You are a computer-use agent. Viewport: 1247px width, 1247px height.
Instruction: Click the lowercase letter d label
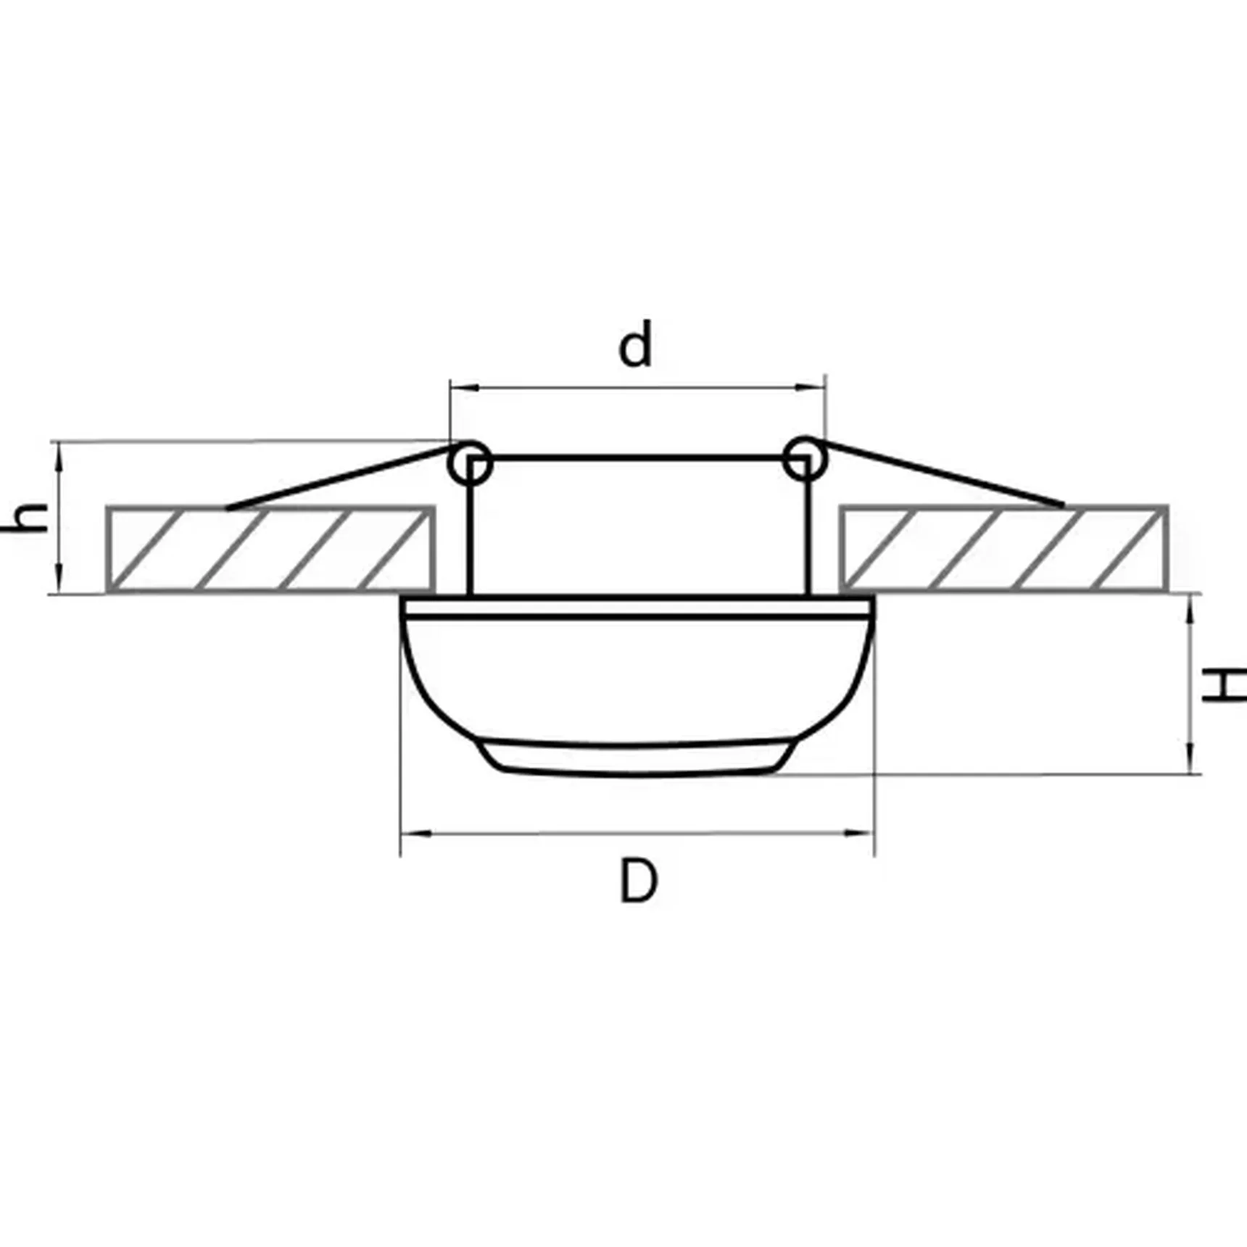tap(635, 346)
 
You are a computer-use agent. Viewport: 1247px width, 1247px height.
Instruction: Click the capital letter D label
tap(639, 881)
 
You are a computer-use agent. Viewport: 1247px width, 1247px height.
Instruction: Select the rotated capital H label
tap(1223, 686)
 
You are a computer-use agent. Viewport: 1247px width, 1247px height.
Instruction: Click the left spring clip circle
tap(470, 463)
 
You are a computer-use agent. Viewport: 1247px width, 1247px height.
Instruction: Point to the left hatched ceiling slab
tap(270, 549)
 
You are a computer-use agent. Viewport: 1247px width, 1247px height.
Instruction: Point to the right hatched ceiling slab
tap(1003, 548)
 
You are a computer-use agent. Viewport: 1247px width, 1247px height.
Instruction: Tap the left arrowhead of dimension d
tap(461, 388)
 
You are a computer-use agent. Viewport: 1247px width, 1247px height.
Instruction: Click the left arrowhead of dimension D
tap(412, 834)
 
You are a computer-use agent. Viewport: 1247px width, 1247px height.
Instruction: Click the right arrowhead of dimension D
tap(863, 834)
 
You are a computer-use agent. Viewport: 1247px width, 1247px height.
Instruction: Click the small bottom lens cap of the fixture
tap(635, 758)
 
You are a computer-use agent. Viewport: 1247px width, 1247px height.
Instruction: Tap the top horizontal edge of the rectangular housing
tap(638, 458)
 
